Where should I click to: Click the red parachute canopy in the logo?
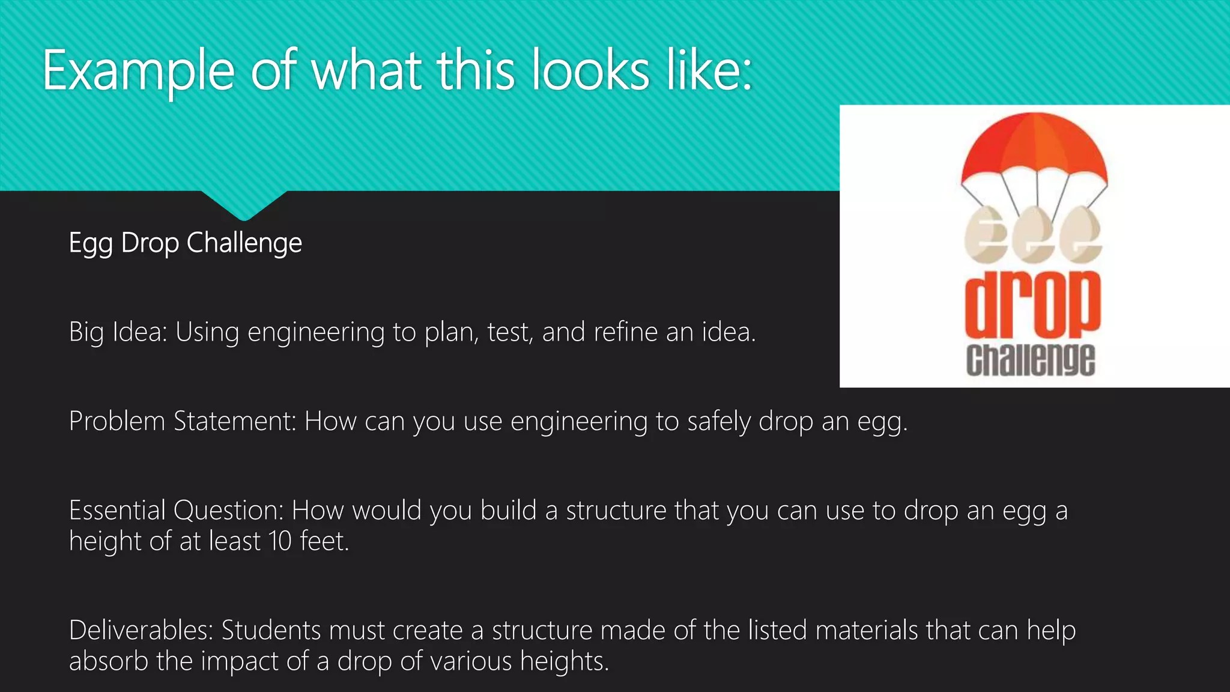pyautogui.click(x=1034, y=147)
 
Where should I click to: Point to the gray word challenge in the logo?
pyautogui.click(x=1031, y=360)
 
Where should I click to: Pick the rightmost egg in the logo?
pyautogui.click(x=1080, y=236)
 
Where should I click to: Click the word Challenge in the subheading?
pyautogui.click(x=244, y=243)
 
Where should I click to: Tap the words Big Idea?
pyautogui.click(x=117, y=332)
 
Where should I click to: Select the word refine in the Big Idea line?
pyautogui.click(x=625, y=332)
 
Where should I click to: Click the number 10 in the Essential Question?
pyautogui.click(x=280, y=541)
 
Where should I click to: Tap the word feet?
pyautogui.click(x=324, y=541)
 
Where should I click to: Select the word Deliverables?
pyautogui.click(x=141, y=631)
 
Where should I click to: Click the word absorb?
pyautogui.click(x=108, y=661)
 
